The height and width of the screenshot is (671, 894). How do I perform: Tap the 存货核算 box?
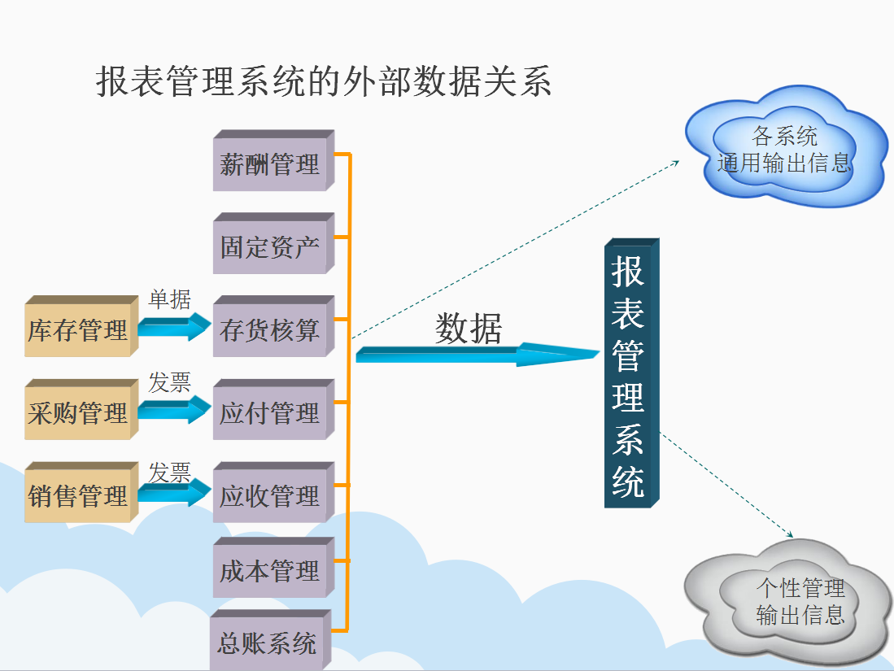coord(270,330)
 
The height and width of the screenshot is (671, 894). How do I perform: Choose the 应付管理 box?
coord(270,413)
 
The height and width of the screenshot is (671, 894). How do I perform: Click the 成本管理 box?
coord(270,571)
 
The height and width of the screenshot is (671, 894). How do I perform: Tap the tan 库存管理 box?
coord(77,330)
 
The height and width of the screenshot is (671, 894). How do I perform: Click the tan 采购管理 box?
coord(77,413)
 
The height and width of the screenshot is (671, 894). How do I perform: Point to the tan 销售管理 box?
coord(77,496)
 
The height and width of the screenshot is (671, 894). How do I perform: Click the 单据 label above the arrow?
coord(169,300)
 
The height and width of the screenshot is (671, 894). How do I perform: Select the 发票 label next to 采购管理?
coord(169,383)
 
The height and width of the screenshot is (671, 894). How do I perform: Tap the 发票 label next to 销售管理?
coord(169,472)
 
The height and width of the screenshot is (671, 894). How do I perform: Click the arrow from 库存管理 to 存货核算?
coord(172,328)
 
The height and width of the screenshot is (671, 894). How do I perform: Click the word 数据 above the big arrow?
coord(469,328)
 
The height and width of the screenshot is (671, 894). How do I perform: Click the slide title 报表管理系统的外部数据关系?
coord(324,82)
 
